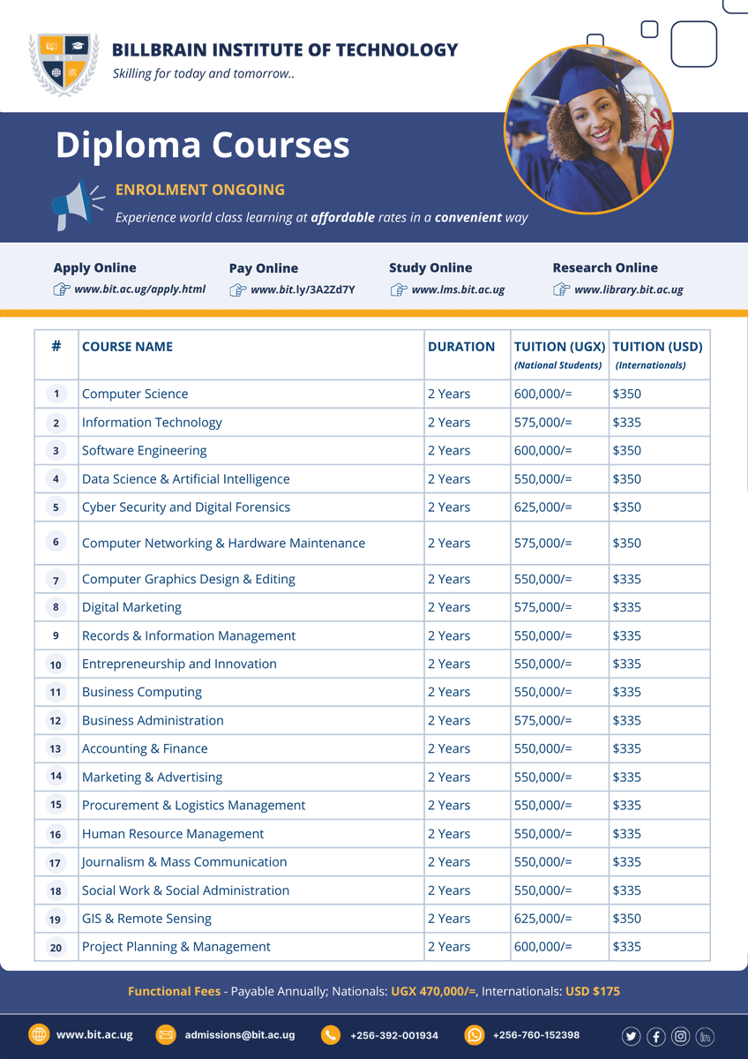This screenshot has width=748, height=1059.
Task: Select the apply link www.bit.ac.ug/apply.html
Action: tap(139, 289)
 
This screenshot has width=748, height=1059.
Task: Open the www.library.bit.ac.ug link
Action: tap(628, 289)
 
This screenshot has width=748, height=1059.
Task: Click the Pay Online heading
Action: tap(263, 268)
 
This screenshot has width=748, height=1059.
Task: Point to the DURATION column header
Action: tap(461, 347)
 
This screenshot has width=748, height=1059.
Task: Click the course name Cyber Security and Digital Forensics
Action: tap(185, 507)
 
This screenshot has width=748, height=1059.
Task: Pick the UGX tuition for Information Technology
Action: tap(542, 423)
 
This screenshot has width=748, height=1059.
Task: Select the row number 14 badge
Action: tap(56, 777)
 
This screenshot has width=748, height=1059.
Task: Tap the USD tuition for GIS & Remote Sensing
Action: tap(626, 919)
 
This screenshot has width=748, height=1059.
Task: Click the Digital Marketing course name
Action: tap(131, 607)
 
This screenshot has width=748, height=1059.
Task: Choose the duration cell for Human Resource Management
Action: tap(449, 834)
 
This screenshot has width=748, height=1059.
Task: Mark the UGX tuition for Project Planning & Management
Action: tap(542, 947)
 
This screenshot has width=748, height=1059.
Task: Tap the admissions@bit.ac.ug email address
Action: tap(239, 1035)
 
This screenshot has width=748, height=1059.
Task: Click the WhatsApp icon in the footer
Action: tap(475, 1035)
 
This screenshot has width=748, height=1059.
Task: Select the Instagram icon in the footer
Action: tap(680, 1037)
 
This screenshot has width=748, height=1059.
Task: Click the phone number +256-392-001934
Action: tap(393, 1035)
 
